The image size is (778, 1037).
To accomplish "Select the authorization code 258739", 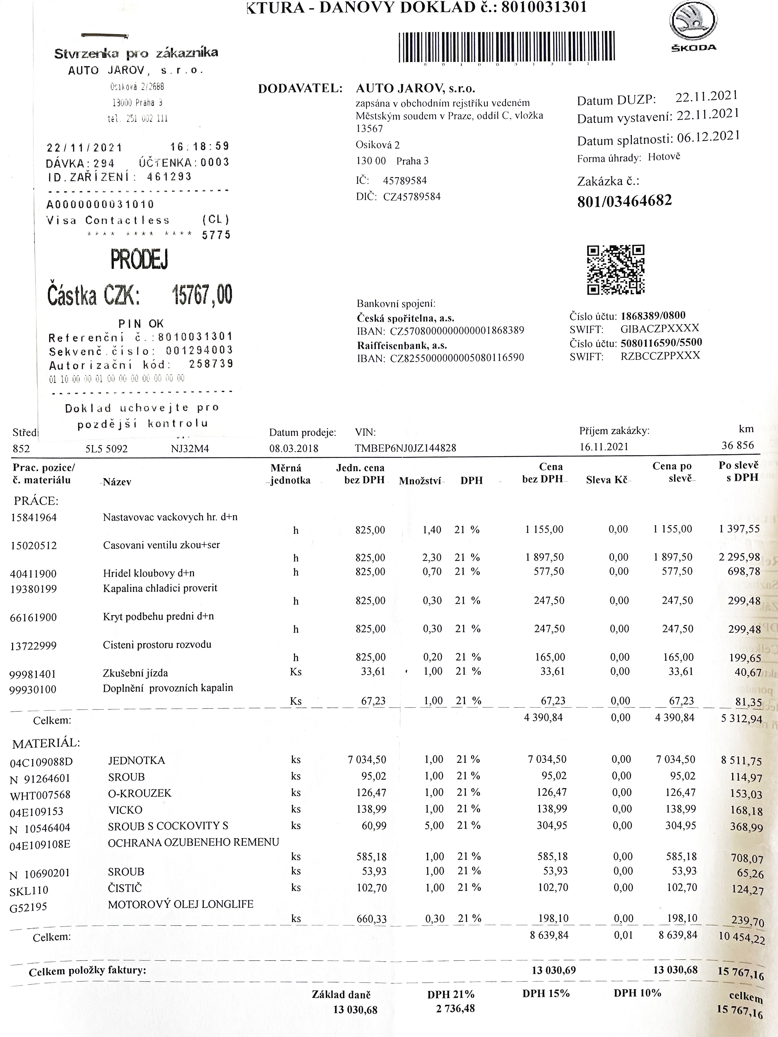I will tap(211, 364).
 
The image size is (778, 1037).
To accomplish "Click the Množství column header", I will tap(420, 480).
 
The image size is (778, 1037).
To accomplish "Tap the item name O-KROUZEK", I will tap(140, 793).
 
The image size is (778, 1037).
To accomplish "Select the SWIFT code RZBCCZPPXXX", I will tap(660, 355).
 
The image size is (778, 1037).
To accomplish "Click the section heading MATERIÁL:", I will tap(46, 743).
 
